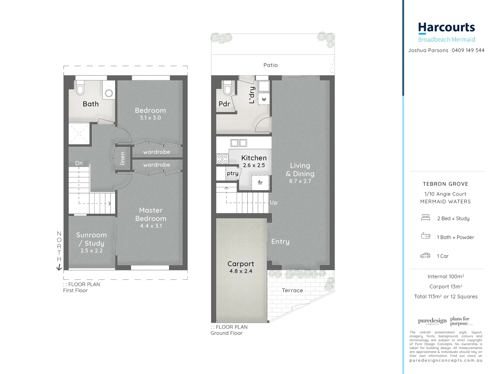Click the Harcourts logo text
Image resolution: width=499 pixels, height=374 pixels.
(446, 28)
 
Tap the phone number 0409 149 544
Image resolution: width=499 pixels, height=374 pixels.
(468, 50)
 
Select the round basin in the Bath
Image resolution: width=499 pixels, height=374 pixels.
(109, 93)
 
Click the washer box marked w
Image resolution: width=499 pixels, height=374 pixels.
(264, 99)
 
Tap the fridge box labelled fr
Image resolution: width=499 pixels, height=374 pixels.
(260, 182)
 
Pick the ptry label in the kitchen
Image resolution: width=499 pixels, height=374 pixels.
(233, 173)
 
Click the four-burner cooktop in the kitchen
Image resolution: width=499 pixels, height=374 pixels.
(222, 159)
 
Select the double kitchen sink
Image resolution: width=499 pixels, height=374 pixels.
(239, 143)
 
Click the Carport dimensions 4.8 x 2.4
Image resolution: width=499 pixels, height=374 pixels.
(240, 271)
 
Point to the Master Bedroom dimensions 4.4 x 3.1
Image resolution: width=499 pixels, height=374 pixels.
(151, 226)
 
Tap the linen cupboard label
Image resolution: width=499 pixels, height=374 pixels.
(122, 158)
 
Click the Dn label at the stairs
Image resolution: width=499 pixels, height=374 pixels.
(79, 163)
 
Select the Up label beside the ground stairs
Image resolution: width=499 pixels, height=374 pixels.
(273, 203)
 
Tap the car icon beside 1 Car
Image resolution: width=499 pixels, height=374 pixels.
(425, 256)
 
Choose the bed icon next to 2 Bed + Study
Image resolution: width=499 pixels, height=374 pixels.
(426, 218)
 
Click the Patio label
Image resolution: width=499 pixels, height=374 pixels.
(270, 65)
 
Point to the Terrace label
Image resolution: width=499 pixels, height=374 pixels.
(292, 290)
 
